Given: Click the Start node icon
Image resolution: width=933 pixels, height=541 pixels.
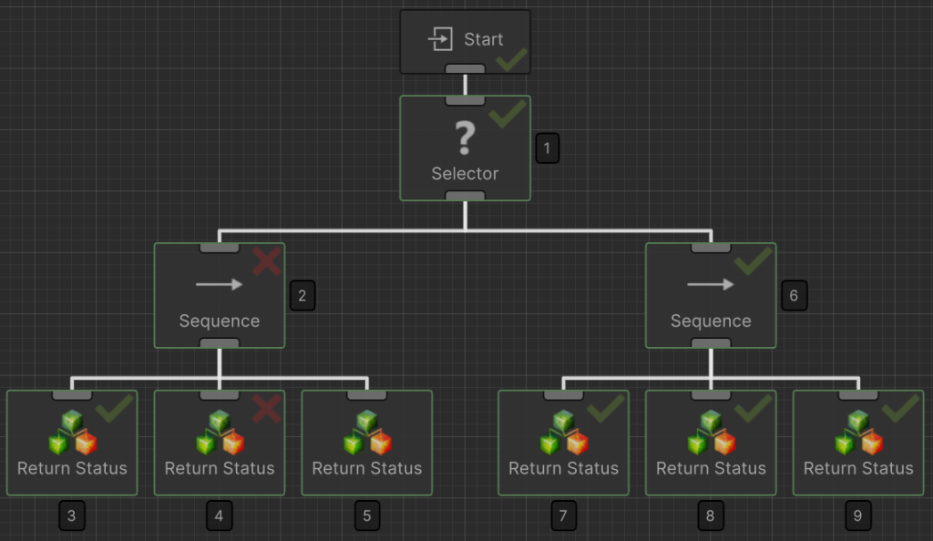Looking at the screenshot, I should [441, 39].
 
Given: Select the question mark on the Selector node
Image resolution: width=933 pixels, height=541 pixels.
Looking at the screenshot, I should [465, 138].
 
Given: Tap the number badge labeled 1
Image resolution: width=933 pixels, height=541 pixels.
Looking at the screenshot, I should [548, 148].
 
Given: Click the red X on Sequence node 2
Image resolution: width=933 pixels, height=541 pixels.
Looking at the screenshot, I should [267, 262].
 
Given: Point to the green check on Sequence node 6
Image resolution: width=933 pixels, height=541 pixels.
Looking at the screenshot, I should [754, 261].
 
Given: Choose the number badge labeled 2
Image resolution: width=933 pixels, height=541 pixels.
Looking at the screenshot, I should [302, 295].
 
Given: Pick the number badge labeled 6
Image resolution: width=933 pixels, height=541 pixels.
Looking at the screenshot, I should [794, 295].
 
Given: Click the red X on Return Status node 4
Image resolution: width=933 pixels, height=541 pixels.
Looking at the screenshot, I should [266, 409].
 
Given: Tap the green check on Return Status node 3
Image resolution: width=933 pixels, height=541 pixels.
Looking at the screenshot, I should [115, 409].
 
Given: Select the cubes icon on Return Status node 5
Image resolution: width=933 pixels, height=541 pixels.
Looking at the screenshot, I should [367, 433].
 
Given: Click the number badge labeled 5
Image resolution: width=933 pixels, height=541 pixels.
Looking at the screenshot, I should [366, 516].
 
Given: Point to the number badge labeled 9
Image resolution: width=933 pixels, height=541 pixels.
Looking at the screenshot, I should [857, 516].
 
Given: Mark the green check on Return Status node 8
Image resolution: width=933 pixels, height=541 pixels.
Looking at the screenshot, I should [754, 409].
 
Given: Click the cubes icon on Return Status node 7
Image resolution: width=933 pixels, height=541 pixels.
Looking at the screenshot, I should [564, 433].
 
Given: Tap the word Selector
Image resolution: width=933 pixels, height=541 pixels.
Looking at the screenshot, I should [465, 173].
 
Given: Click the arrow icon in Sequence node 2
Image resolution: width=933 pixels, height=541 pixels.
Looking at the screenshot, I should [220, 284].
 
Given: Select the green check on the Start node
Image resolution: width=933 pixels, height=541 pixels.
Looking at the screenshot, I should [511, 60].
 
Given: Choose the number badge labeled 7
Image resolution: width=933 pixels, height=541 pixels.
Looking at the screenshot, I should [563, 516].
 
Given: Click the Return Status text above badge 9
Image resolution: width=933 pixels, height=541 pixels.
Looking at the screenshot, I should [858, 468].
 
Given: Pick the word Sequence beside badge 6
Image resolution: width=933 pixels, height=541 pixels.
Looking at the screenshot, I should [711, 321].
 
